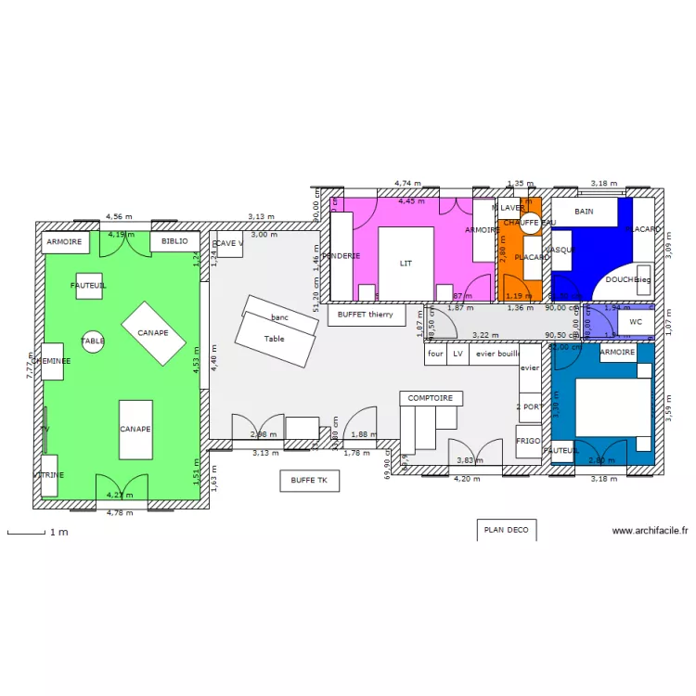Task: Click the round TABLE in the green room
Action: point(93,342)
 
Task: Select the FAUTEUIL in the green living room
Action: point(89,286)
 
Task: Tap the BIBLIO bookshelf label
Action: point(174,241)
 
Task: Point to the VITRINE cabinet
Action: point(49,475)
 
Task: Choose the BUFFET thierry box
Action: point(365,315)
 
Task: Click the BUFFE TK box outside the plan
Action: point(309,481)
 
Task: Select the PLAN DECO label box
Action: point(506,530)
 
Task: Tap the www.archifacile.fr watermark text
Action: point(650,531)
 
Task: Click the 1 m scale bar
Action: point(27,533)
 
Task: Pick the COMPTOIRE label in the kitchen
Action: point(431,398)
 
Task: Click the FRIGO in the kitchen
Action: point(528,441)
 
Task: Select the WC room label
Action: point(636,322)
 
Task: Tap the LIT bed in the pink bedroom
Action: point(406,264)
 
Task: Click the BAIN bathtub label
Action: point(584,212)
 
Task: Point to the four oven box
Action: point(435,354)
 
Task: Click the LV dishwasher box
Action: point(458,354)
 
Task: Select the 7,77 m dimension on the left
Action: point(30,369)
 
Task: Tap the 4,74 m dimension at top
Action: point(407,185)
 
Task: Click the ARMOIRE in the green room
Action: point(64,241)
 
